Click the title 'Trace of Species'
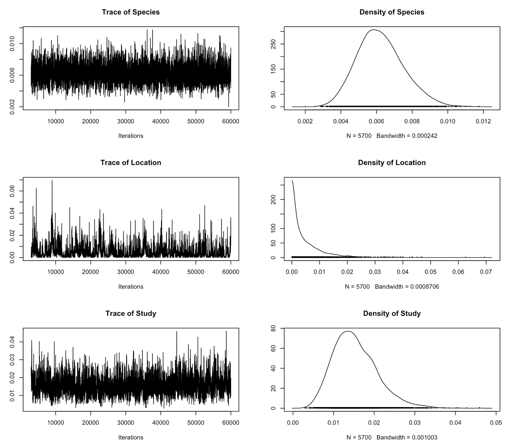tap(131, 12)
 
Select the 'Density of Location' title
tap(392, 163)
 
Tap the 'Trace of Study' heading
tap(131, 313)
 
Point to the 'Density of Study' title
tap(392, 313)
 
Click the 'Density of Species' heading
tap(392, 12)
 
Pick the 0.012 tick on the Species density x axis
tap(483, 121)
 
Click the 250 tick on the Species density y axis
tap(273, 44)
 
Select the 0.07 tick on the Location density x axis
tap(486, 272)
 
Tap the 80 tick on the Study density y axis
tap(273, 329)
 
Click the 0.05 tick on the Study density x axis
tap(496, 422)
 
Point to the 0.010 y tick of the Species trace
tap(12, 43)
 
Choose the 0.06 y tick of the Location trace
tap(12, 191)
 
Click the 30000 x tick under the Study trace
tap(126, 422)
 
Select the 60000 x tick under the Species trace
tap(231, 121)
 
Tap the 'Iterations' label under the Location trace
tap(131, 287)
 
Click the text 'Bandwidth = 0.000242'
tap(407, 136)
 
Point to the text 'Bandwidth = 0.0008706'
tap(407, 287)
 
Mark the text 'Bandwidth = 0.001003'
tap(407, 437)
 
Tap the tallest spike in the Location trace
tap(52, 181)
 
